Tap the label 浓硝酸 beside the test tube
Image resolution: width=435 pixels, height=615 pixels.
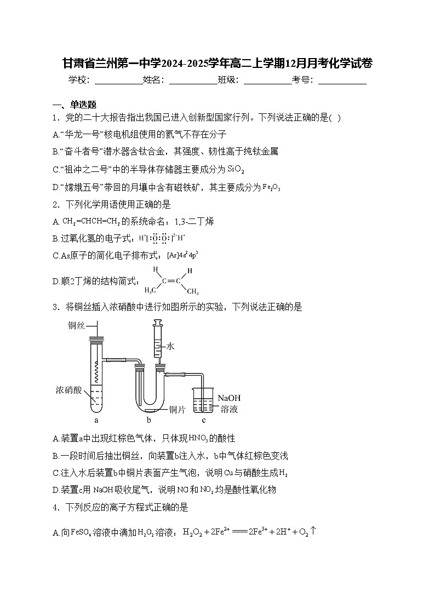[x=68, y=390]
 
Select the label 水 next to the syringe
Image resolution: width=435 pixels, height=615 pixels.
[x=170, y=346]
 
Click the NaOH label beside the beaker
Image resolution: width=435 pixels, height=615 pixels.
[x=229, y=398]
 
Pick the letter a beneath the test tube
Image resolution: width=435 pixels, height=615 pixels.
[x=96, y=421]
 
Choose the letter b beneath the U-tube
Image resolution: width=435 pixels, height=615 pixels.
[x=148, y=421]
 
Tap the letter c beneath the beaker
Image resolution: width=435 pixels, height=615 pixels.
[x=204, y=421]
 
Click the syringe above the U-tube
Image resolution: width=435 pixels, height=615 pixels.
[x=158, y=342]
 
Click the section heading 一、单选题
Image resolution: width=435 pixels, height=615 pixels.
[x=75, y=105]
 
